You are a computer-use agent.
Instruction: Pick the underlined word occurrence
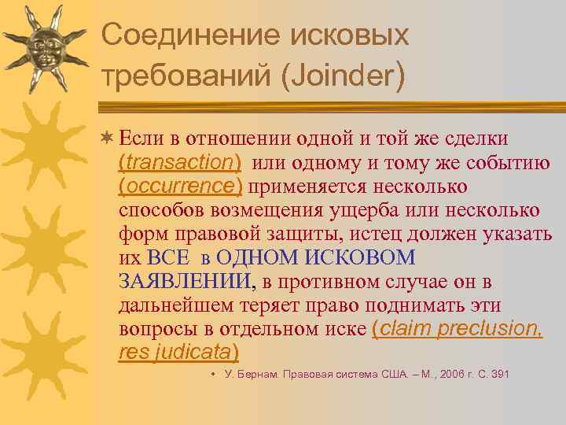tap(180, 187)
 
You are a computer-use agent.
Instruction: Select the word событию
tap(509, 163)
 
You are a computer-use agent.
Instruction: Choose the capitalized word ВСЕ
tap(166, 257)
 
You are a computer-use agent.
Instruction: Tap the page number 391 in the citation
tap(499, 374)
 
